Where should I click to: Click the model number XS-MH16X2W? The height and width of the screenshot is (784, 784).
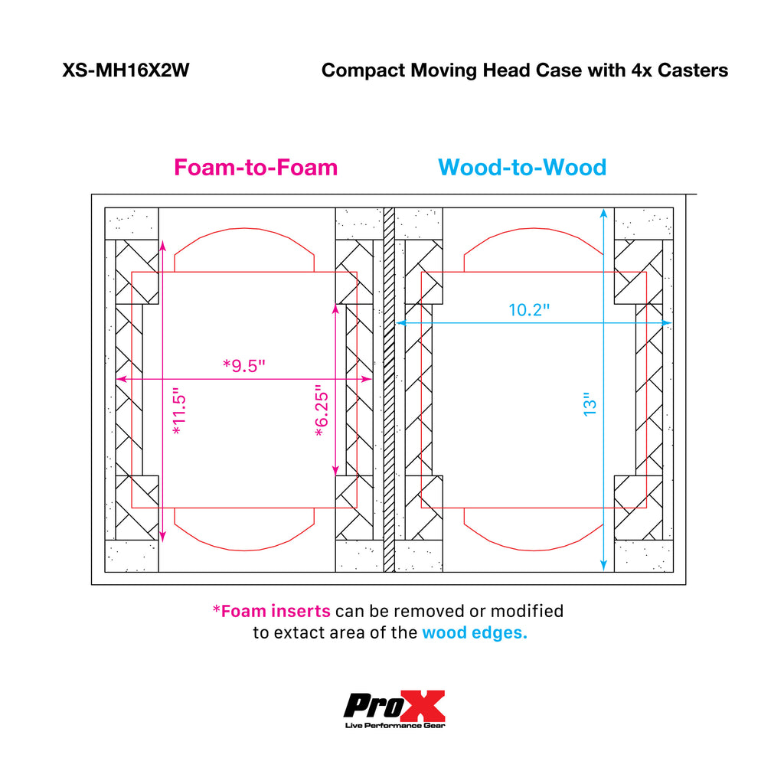click(x=126, y=70)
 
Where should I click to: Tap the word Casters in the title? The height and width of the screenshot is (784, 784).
click(x=692, y=70)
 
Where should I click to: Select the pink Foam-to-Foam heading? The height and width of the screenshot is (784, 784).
click(x=256, y=167)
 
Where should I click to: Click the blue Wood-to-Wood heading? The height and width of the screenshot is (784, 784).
click(x=522, y=167)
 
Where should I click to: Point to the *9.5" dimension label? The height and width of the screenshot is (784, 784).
click(x=243, y=365)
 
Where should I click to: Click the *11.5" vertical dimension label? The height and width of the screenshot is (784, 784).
click(x=179, y=410)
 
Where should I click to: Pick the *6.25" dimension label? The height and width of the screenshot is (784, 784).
click(x=322, y=410)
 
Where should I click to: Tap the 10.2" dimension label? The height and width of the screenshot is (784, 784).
click(x=529, y=310)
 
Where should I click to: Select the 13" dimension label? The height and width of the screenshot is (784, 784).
click(x=590, y=404)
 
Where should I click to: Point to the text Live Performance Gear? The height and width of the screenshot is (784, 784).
click(x=395, y=726)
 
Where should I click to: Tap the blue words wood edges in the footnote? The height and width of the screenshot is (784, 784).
click(x=475, y=633)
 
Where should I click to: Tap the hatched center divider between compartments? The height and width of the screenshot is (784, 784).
click(x=389, y=390)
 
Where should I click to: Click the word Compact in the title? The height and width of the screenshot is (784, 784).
click(x=364, y=70)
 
